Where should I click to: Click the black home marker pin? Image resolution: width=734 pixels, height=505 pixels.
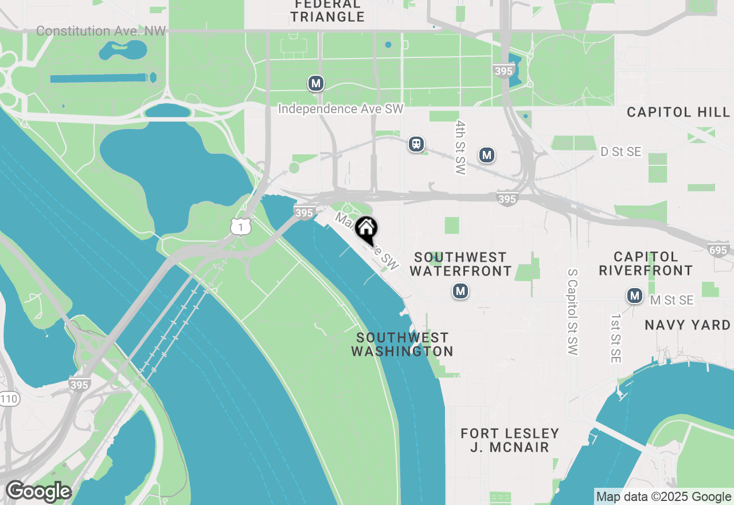point(366,228)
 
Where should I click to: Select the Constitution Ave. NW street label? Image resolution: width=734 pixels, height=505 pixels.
point(101,31)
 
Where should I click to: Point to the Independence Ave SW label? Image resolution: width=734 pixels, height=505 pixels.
point(341,109)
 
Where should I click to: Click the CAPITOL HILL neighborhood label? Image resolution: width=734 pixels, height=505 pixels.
point(678,112)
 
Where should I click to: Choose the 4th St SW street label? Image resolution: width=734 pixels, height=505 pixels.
point(460,147)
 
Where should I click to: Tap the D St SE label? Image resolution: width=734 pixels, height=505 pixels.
point(620,152)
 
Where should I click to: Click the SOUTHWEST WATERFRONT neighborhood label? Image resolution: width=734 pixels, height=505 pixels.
point(461,263)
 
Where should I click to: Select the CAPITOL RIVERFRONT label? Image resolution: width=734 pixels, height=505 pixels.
point(646,263)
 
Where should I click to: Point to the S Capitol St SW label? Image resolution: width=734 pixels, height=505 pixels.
point(572,311)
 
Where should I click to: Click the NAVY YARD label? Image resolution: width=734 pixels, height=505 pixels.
point(688,325)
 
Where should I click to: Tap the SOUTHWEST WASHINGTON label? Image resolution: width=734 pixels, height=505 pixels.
point(402,344)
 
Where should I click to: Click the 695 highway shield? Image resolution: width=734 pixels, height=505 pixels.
point(718,250)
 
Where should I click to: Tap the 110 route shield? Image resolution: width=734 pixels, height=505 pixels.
point(8,399)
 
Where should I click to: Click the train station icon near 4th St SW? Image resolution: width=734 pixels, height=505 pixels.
point(416,144)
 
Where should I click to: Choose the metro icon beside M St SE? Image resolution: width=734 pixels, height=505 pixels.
point(634,296)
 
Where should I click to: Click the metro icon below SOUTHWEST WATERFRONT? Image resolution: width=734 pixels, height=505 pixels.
point(460,292)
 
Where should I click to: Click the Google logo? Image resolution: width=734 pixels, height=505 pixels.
point(39,491)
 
